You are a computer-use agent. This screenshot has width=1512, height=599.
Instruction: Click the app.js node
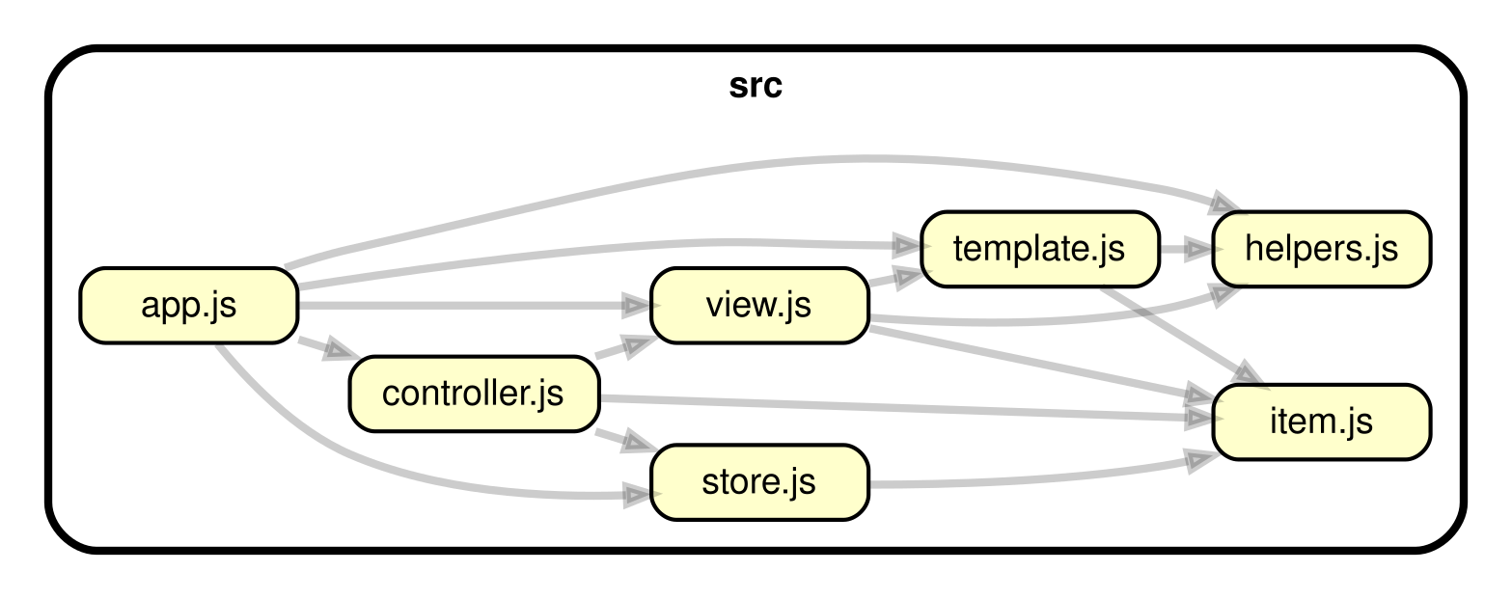point(188,307)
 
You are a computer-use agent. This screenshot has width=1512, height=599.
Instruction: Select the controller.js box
point(473,395)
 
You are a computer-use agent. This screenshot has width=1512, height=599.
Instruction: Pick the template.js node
point(1038,249)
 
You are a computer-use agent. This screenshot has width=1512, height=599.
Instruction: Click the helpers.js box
point(1320,249)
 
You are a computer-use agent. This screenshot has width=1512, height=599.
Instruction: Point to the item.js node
point(1320,422)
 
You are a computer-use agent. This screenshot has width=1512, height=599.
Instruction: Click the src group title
point(756,87)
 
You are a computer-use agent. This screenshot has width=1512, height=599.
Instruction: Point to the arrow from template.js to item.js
point(1177,328)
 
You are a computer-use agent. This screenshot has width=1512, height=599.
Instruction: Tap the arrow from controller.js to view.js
point(623,348)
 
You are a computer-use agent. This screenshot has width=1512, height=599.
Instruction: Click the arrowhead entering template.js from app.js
point(907,242)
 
